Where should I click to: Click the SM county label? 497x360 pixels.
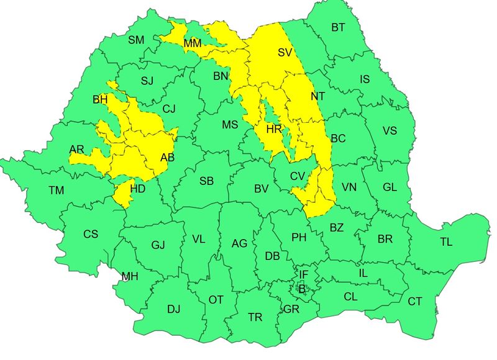pos(136,40)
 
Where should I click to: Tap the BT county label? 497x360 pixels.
pos(338,27)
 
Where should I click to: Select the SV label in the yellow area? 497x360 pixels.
pos(285,53)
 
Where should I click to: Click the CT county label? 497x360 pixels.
pos(414,302)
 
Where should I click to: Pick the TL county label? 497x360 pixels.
pos(446,242)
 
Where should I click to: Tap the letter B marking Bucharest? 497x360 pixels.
pos(302,289)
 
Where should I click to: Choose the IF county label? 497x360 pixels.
pos(303,274)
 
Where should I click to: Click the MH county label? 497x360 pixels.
pos(130,276)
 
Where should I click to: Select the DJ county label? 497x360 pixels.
pos(174,308)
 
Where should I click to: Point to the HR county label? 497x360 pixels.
pos(274,129)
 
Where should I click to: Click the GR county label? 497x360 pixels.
pos(291,309)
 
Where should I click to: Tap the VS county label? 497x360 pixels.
pos(390,131)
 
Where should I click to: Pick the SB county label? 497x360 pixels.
pos(207,181)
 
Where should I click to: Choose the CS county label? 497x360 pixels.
pos(91,234)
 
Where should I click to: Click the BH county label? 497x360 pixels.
pos(100,99)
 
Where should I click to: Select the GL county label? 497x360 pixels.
pos(390,187)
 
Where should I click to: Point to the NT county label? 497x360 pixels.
pos(317,97)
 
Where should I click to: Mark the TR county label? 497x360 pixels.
pos(255,317)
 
